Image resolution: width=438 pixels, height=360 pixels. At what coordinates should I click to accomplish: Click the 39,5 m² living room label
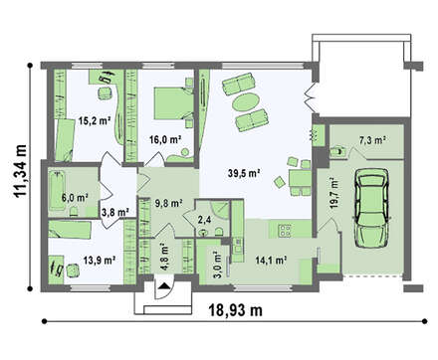click(244, 173)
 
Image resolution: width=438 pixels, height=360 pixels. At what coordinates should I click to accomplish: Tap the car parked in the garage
click(371, 208)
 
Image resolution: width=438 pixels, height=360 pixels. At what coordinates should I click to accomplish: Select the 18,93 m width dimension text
click(235, 310)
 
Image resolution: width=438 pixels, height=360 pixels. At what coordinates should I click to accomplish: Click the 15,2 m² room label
click(95, 120)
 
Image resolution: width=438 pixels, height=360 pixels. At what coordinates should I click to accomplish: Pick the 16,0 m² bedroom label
click(165, 139)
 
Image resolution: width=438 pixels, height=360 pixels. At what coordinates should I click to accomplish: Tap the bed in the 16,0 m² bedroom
click(173, 103)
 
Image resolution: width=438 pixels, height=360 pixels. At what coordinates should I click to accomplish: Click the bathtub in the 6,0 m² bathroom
click(58, 190)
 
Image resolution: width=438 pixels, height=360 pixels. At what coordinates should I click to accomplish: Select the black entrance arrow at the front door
click(163, 285)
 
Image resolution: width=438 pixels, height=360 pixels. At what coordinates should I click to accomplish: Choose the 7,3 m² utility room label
click(372, 140)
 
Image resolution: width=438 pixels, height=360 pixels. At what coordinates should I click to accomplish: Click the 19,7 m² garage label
click(333, 194)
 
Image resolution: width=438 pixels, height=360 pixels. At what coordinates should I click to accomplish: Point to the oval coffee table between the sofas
click(245, 102)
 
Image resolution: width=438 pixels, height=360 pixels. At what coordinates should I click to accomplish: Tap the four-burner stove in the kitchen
click(285, 231)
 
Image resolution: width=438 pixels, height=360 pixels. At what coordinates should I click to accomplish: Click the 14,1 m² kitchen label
click(271, 261)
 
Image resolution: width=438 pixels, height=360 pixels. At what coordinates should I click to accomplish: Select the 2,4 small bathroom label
click(204, 220)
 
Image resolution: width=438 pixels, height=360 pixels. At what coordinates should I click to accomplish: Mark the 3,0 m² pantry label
click(217, 262)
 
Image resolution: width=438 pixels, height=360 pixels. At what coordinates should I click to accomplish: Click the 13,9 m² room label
click(100, 261)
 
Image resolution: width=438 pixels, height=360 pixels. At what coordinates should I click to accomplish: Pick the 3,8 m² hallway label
click(114, 212)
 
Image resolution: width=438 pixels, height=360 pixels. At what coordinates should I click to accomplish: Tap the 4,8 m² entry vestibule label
click(165, 258)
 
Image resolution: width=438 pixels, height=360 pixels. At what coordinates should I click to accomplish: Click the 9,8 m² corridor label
click(169, 203)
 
